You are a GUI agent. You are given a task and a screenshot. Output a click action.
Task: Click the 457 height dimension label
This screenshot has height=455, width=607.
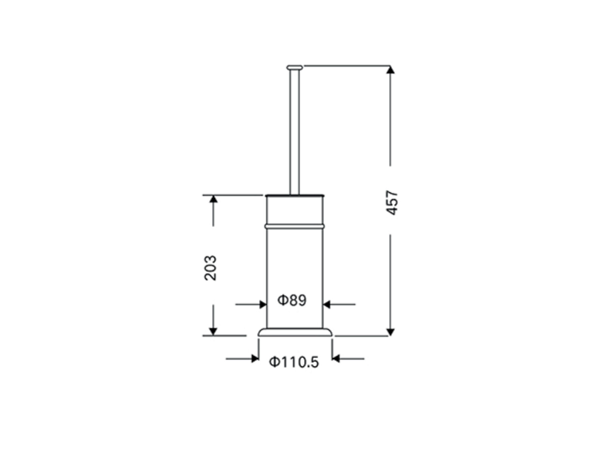tap(392, 203)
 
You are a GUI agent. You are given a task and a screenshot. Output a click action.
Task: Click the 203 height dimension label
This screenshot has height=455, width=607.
tap(210, 268)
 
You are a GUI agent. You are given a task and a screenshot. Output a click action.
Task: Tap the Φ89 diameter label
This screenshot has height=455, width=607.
tap(292, 300)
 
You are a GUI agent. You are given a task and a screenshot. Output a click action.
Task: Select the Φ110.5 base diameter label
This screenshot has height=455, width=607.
tap(294, 362)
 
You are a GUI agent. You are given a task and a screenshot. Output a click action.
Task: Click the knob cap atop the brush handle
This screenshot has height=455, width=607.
tap(294, 67)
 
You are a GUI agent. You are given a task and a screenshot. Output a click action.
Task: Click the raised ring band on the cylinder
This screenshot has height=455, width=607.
tap(295, 226)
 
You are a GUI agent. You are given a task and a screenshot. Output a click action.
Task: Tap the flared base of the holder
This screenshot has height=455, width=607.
tap(295, 332)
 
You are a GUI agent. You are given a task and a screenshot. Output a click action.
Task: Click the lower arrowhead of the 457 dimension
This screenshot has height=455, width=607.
tap(390, 332)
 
